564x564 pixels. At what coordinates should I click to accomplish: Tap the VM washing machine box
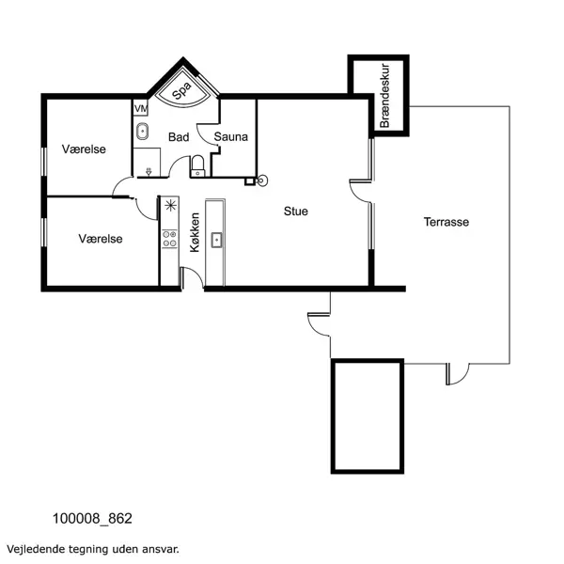point(141,109)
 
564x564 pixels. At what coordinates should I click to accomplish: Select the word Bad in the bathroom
point(178,137)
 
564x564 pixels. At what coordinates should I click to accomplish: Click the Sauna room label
point(230,137)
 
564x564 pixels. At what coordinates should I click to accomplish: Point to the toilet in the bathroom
point(196,166)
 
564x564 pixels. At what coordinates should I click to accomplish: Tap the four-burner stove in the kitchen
point(170,240)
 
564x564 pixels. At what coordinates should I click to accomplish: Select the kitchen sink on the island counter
point(215,239)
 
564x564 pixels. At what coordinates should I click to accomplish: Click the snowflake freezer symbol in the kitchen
point(170,206)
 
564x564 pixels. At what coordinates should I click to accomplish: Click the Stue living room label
point(296,211)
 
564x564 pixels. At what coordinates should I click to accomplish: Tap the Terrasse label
point(446,223)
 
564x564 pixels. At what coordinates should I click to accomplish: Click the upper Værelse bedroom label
point(84,149)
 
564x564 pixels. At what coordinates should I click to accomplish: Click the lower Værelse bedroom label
point(101,239)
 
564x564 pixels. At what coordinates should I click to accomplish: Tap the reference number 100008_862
point(93,518)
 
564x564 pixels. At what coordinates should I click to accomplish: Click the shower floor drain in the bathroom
point(149,171)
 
